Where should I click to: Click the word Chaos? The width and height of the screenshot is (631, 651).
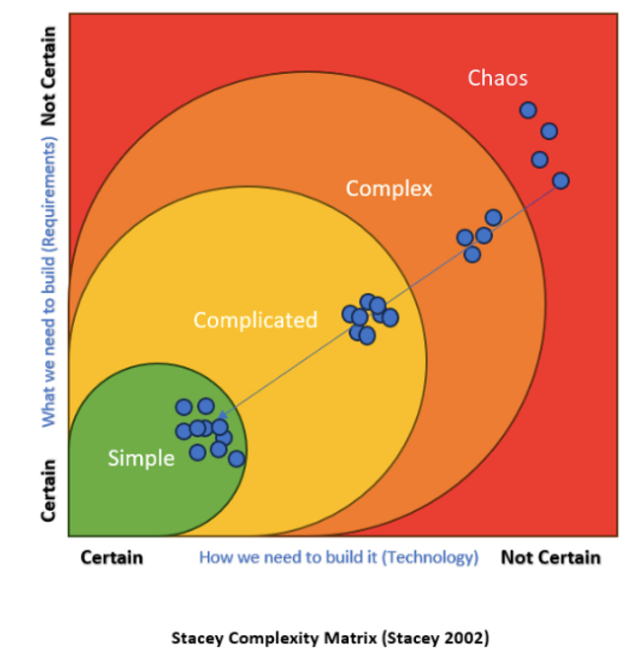pos(498,78)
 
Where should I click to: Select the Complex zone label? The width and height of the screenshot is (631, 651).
pos(388,187)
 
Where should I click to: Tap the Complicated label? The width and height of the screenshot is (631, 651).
pos(255,320)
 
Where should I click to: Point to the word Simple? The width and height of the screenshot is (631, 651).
pos(141,458)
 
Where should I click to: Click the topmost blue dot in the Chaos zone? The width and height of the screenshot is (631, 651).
pos(528,110)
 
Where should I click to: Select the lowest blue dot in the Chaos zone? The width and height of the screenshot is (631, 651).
pos(561,181)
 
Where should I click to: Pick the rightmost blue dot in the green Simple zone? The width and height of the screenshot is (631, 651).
pos(236,458)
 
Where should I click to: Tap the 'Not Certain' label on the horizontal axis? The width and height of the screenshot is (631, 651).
pos(550,557)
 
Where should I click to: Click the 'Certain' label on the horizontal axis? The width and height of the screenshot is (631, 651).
pos(111,557)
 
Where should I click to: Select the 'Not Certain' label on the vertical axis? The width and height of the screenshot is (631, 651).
pos(48,77)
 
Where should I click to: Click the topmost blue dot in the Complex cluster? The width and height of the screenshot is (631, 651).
pos(493,217)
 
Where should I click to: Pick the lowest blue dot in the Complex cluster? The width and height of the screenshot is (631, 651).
pos(472,254)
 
